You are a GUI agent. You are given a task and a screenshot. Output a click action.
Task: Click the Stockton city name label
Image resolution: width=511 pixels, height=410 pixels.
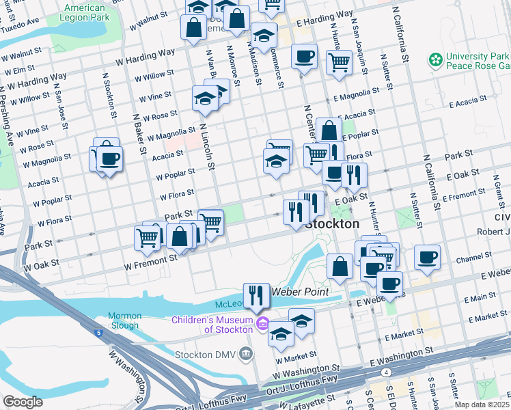[332, 224]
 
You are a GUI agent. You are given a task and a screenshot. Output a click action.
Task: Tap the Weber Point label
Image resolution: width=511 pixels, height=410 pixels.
[301, 292]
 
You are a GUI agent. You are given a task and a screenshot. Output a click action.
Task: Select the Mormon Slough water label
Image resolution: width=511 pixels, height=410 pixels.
[124, 320]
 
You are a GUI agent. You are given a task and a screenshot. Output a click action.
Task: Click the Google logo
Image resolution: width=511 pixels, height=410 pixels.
[23, 402]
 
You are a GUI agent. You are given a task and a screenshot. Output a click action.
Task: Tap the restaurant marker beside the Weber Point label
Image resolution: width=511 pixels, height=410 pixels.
[256, 295]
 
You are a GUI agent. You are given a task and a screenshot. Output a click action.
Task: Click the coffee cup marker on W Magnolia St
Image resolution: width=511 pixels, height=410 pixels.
[109, 160]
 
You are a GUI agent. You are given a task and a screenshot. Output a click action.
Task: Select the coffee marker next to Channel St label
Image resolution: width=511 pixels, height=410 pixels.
[428, 257]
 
